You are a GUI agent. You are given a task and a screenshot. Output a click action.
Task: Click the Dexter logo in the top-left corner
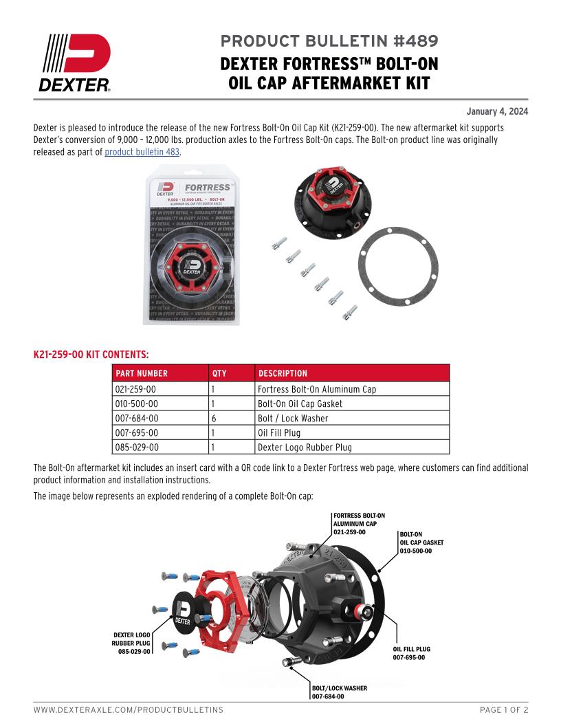pos(75,63)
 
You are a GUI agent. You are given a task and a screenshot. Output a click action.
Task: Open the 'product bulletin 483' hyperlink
pos(142,152)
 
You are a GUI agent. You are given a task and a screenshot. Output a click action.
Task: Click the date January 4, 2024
pos(497,111)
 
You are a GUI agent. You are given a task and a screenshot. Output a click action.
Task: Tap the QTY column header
pos(219,373)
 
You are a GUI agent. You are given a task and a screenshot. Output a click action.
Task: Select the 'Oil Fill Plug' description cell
pos(279,433)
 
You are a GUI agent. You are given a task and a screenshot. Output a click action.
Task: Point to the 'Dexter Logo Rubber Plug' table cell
pos(305,448)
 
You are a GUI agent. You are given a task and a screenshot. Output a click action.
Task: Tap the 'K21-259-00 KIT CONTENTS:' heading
pos(91,355)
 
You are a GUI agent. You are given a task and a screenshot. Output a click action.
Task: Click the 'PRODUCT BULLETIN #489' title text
pos(329,41)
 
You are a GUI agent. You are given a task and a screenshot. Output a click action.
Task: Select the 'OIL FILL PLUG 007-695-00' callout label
pos(412,653)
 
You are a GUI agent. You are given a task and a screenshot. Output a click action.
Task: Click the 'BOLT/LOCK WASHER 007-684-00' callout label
pos(340,692)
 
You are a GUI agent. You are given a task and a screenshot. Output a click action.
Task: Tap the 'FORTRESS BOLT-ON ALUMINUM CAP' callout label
pos(359,523)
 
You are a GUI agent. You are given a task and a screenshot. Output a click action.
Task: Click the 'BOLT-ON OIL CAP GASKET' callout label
pos(421,542)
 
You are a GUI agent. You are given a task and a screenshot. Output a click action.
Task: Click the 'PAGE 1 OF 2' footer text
pos(503,709)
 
